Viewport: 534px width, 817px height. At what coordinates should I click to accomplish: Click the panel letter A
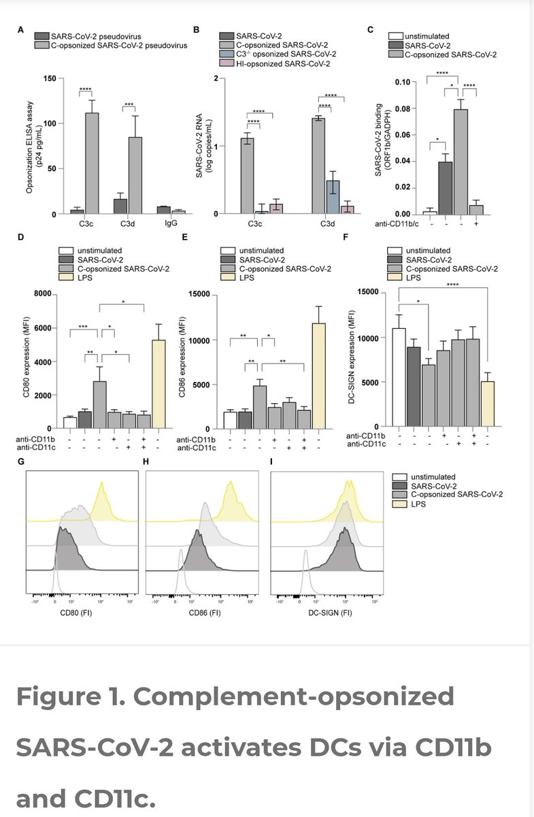tap(21, 30)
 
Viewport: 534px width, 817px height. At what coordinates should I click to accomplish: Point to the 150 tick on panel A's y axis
tap(48, 78)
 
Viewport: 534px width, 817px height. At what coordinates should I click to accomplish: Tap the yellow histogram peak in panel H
tap(231, 485)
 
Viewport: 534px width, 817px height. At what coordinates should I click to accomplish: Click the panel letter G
tap(21, 462)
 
